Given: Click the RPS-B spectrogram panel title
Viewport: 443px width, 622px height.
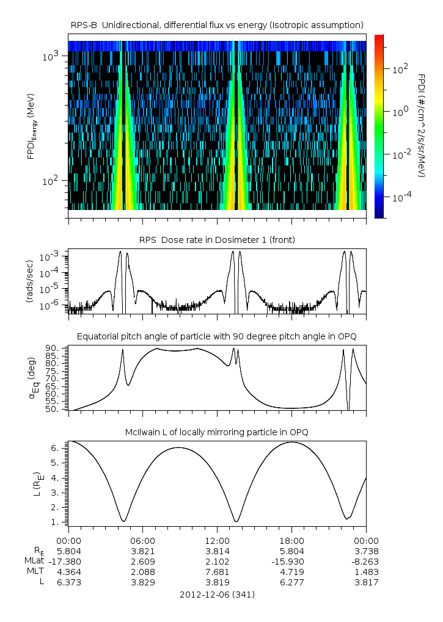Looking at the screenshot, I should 217,24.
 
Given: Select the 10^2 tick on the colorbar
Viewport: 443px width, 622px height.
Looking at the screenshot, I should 400,70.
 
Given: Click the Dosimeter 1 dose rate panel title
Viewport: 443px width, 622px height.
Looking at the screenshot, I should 217,240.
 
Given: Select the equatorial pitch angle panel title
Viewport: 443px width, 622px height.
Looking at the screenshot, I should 217,336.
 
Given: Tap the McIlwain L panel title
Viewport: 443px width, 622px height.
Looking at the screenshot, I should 217,432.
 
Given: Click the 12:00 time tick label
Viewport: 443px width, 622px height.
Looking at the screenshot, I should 217,540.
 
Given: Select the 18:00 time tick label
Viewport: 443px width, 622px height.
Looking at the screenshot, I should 291,540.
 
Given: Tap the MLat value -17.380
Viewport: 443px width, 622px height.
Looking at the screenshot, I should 68,561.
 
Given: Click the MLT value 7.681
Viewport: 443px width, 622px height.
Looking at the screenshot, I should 217,572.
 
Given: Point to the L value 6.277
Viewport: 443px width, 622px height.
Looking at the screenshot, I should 291,582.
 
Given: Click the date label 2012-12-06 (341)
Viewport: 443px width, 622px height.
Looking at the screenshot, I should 217,595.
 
